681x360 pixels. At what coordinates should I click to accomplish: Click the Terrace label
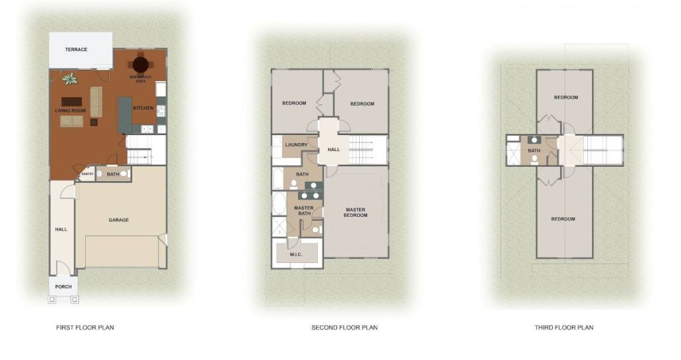(x=76, y=49)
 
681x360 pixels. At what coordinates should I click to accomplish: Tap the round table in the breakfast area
(x=141, y=65)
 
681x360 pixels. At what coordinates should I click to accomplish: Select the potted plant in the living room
(x=69, y=79)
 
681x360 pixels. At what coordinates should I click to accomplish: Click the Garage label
(x=118, y=220)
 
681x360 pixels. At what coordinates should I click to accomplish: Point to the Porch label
(x=63, y=287)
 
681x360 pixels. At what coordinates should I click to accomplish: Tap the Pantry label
(x=87, y=174)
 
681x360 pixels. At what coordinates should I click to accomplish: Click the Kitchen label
(x=144, y=108)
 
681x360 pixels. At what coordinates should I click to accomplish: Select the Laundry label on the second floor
(x=296, y=145)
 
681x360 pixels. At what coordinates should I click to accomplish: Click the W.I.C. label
(x=296, y=254)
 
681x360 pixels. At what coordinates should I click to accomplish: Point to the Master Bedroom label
(x=355, y=213)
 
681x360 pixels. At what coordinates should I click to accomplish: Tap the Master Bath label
(x=303, y=211)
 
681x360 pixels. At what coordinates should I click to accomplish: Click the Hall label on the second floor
(x=334, y=150)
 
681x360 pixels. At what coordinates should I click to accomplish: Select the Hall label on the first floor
(x=61, y=229)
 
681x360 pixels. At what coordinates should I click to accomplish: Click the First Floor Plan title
(x=85, y=327)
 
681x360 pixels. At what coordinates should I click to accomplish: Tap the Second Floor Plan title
(x=344, y=327)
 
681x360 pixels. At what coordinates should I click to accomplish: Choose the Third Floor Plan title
(x=564, y=327)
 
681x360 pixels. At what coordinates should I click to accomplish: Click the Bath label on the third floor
(x=534, y=151)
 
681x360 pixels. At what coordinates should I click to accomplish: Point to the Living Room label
(x=70, y=111)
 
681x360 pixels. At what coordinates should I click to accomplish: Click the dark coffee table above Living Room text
(x=72, y=102)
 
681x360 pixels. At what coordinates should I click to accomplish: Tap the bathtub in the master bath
(x=279, y=204)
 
